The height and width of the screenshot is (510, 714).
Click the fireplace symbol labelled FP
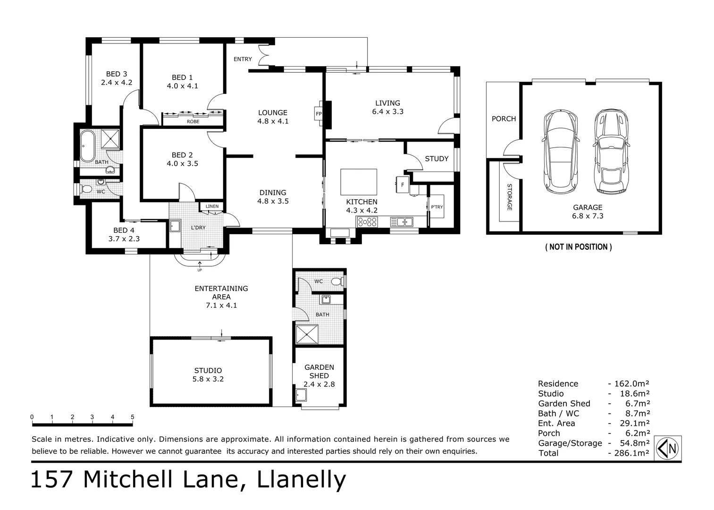click(x=319, y=114)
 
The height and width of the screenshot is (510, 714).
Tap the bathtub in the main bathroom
click(x=87, y=146)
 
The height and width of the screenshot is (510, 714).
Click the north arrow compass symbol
click(x=668, y=448)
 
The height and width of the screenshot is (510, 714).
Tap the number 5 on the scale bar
click(x=133, y=417)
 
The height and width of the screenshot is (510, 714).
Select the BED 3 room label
click(x=117, y=74)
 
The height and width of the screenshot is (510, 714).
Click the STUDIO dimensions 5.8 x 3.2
click(x=208, y=379)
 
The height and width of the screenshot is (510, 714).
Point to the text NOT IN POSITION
click(x=578, y=246)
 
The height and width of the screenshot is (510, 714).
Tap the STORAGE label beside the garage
click(x=509, y=197)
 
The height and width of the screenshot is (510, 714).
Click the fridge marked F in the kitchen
click(x=403, y=185)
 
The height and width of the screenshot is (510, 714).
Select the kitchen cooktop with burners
click(x=367, y=221)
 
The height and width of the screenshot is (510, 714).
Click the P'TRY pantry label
click(x=437, y=207)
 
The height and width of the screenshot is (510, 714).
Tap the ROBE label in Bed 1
click(x=193, y=121)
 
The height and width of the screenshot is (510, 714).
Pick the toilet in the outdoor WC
click(x=336, y=281)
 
